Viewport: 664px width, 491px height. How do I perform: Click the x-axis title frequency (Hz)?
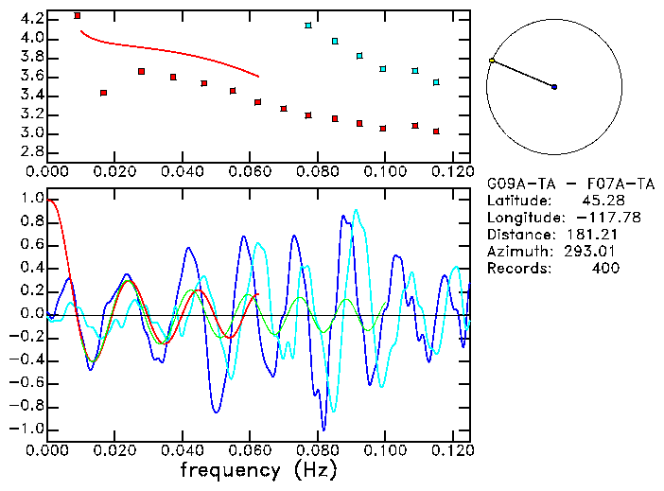(259, 469)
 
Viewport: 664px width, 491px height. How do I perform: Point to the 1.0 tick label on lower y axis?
(32, 200)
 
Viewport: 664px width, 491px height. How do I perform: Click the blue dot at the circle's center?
(554, 87)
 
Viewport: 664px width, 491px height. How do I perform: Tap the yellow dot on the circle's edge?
(492, 61)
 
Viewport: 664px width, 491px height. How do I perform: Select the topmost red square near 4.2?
(78, 16)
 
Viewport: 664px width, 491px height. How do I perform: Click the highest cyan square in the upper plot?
(308, 26)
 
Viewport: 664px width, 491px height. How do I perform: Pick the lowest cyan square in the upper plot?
(436, 82)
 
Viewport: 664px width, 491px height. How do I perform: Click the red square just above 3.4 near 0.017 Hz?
(103, 93)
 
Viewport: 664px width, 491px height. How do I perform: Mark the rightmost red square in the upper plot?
(436, 132)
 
